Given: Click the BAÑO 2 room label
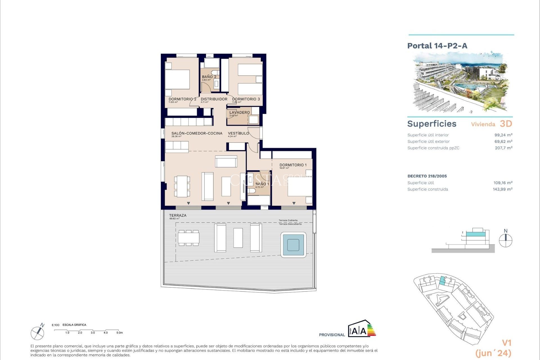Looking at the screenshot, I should [209, 77].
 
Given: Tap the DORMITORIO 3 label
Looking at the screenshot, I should [246, 99].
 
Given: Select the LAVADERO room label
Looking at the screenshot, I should [239, 112].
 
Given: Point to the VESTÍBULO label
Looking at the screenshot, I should [238, 133].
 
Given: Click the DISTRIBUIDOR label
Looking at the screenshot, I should [214, 99].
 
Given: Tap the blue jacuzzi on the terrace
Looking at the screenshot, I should [293, 245].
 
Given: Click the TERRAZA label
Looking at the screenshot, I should [177, 215].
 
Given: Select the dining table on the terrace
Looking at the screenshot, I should [188, 238].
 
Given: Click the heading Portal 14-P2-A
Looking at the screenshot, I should [437, 46].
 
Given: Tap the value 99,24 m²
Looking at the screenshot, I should [503, 135].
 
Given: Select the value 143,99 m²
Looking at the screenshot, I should [502, 189].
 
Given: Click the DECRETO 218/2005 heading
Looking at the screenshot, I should [427, 176].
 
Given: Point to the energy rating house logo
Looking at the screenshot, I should [361, 328].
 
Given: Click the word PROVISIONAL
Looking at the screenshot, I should [332, 335].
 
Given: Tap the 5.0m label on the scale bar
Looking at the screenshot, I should [120, 333].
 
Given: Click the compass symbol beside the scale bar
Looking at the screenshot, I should [37, 333].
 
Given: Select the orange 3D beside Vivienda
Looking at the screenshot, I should [506, 124].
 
